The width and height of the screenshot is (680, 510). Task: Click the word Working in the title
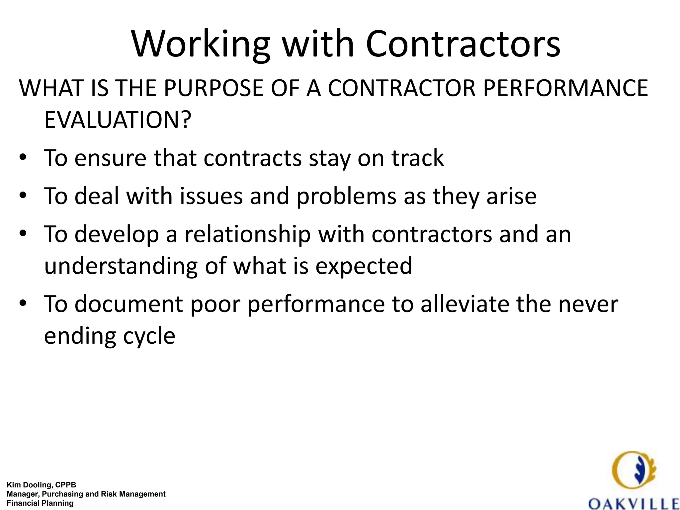(x=201, y=45)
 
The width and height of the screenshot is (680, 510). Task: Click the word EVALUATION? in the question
(x=118, y=120)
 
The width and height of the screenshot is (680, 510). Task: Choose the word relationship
(x=247, y=234)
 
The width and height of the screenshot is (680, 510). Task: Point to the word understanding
(x=121, y=266)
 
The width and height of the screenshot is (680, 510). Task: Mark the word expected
(x=364, y=266)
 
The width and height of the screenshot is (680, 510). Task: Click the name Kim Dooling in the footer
(x=28, y=485)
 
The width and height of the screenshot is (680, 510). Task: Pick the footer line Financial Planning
(x=40, y=503)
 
